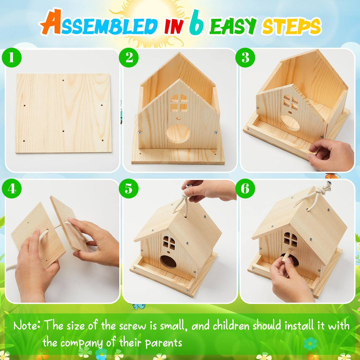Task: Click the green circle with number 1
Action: (12, 58)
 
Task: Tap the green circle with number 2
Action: (129, 58)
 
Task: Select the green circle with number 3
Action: (245, 58)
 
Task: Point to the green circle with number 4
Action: (12, 189)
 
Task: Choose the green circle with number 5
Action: (129, 189)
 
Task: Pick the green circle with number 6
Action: (245, 189)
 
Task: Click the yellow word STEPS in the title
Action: (291, 27)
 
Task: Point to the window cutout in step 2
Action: (179, 103)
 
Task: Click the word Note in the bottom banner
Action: (27, 326)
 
